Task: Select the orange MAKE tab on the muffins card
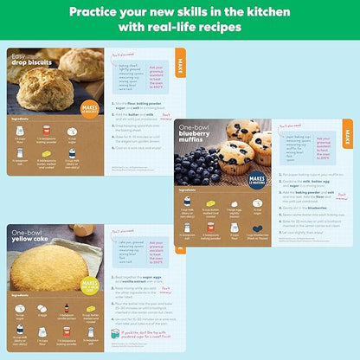pos(346,138)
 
